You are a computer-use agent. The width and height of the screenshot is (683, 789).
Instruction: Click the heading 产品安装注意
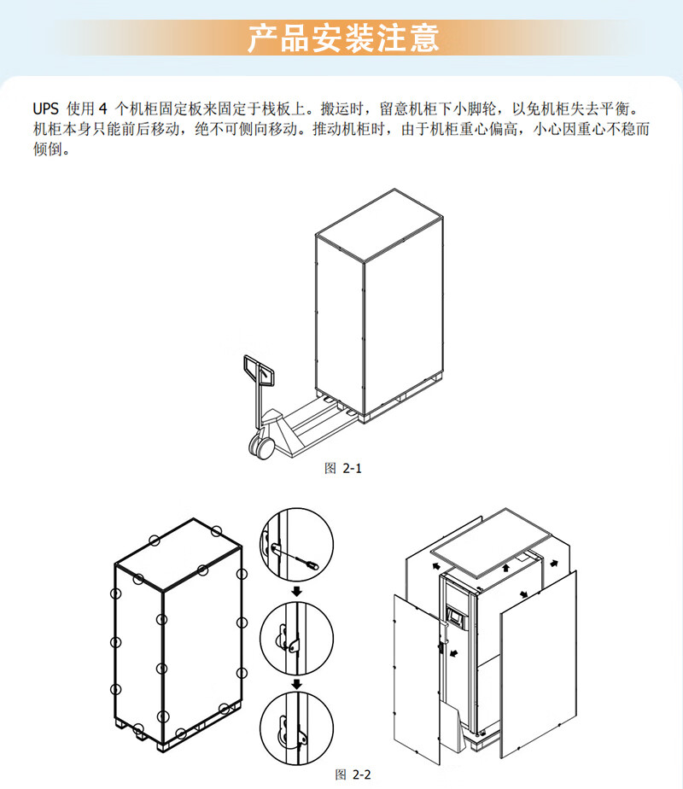pos(342,38)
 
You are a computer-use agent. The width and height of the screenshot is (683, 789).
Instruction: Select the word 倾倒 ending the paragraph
pos(50,150)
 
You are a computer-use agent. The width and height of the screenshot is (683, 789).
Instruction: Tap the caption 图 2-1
pos(343,468)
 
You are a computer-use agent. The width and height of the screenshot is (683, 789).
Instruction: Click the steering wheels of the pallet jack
pos(261,445)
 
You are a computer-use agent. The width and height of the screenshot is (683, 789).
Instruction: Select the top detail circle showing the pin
pos(295,546)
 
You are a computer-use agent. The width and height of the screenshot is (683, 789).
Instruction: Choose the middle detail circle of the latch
pos(295,637)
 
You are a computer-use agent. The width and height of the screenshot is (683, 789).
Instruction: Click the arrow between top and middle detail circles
pos(295,592)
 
